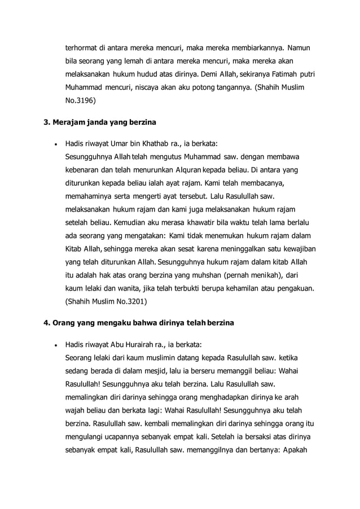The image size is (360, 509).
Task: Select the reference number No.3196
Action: point(81,102)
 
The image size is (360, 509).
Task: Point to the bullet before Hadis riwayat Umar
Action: point(55,143)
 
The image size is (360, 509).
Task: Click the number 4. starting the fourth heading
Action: point(47,323)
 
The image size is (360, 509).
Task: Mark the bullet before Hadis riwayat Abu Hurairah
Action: point(55,344)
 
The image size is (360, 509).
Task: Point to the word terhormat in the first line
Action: point(85,47)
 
